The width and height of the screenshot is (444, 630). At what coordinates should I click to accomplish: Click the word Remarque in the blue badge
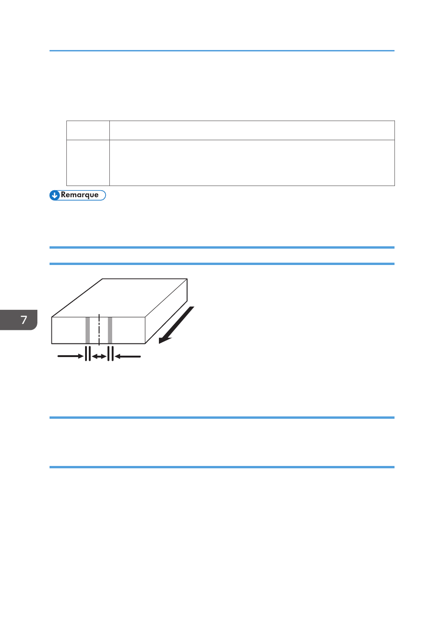click(79, 195)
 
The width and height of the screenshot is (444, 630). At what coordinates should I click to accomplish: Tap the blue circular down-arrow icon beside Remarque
click(55, 195)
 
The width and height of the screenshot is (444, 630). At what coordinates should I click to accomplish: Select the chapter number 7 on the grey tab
click(24, 320)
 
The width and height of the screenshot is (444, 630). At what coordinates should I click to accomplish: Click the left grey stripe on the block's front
click(87, 330)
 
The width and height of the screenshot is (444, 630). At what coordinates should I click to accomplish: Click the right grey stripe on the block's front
click(110, 330)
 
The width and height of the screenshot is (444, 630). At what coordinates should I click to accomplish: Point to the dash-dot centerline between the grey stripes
click(99, 330)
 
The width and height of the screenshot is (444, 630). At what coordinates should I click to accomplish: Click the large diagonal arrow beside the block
click(177, 325)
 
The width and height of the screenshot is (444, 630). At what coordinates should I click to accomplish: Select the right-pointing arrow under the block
click(70, 356)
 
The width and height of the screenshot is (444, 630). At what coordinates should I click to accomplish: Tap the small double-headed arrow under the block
click(99, 357)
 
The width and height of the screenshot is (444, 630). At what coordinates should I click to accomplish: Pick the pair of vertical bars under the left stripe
click(87, 354)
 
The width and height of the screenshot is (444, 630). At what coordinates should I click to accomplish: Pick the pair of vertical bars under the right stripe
click(110, 354)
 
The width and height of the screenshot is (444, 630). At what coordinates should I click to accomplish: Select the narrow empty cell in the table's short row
click(88, 130)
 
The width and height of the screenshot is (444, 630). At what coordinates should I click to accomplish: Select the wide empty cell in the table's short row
click(252, 130)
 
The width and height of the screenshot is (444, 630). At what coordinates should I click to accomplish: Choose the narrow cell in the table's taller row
click(88, 163)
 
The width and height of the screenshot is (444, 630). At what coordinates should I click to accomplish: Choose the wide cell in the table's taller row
click(252, 163)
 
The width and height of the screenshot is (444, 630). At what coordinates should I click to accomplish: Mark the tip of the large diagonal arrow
click(160, 343)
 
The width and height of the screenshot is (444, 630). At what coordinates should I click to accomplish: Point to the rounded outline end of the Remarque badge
click(104, 195)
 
